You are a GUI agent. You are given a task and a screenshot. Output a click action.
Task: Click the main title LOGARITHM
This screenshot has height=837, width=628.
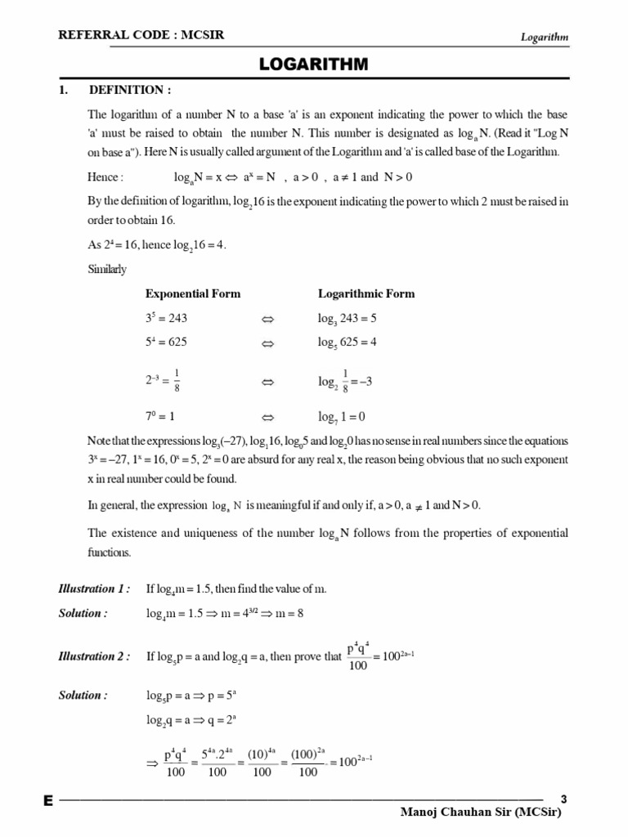[314, 64]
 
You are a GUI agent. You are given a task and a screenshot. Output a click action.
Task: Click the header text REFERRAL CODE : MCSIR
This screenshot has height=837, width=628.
[141, 35]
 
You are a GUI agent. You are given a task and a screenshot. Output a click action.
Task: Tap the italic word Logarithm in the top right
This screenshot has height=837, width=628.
[544, 37]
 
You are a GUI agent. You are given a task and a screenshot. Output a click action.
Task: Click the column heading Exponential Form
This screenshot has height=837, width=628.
[193, 293]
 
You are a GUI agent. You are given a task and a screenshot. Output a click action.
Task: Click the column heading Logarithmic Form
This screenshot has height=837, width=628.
[366, 293]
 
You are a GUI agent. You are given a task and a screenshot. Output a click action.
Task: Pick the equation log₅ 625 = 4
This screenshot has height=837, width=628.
[347, 342]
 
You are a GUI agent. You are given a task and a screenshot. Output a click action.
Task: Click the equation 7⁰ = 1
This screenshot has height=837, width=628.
[160, 416]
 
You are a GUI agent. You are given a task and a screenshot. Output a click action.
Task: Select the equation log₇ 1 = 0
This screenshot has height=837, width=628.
[341, 417]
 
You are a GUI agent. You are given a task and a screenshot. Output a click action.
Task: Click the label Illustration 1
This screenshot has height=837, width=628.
[93, 589]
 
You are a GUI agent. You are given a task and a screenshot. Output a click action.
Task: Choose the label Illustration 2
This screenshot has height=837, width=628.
[93, 656]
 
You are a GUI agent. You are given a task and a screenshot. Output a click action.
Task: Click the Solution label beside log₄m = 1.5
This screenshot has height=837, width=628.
[83, 613]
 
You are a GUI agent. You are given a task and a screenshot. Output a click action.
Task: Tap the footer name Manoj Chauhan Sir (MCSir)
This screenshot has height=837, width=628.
[482, 813]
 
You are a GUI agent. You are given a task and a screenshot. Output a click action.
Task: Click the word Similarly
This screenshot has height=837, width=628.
[107, 268]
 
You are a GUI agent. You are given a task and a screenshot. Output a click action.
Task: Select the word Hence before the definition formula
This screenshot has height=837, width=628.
[105, 177]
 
